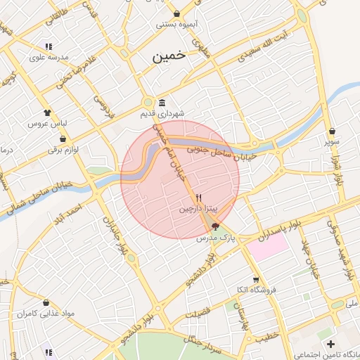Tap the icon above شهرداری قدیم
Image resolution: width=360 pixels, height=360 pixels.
tap(162, 102)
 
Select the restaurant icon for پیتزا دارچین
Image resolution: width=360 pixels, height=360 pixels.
tap(199, 198)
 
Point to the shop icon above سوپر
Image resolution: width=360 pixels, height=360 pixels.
tap(332, 131)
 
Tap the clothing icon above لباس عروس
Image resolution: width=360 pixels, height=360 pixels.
tap(47, 112)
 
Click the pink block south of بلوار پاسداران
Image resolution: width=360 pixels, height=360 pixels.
tap(267, 247)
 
